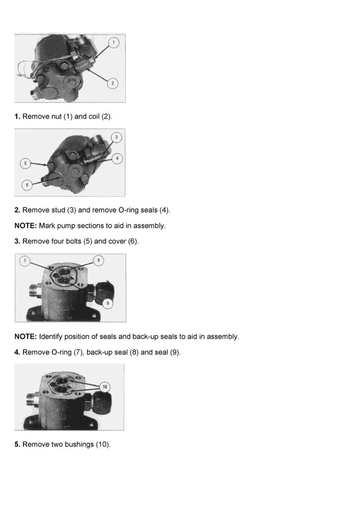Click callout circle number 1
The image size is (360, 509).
click(114, 43)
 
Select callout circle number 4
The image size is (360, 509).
click(116, 158)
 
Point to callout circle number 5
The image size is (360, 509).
click(25, 162)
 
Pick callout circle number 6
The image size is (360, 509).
click(26, 185)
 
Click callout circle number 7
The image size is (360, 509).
click(25, 261)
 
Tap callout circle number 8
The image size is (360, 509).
click(98, 261)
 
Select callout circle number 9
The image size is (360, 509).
click(107, 303)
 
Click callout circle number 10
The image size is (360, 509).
click(104, 387)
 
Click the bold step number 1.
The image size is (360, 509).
click(17, 116)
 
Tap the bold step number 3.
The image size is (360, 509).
click(17, 241)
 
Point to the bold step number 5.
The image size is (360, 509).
click(17, 444)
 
